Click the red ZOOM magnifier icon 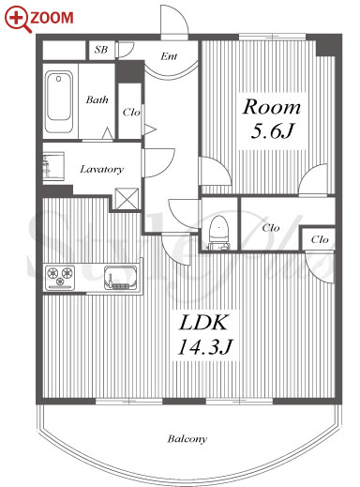[18, 19]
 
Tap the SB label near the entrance [101, 50]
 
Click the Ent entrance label [169, 56]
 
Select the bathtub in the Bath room [59, 102]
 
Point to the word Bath [97, 99]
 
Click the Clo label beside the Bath [131, 112]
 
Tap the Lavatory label [101, 169]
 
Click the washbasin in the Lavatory [53, 166]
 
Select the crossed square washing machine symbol [127, 199]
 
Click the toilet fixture [218, 233]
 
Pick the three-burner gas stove [60, 277]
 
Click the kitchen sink [121, 278]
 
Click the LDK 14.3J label [205, 335]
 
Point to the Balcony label [187, 439]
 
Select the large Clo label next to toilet [271, 228]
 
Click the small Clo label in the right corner [320, 239]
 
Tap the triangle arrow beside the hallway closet [150, 129]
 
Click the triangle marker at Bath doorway [108, 133]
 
